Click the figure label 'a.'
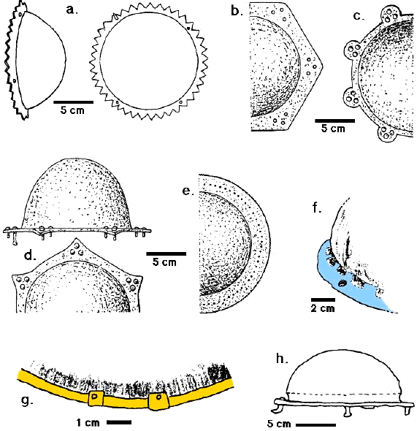(x=72, y=10)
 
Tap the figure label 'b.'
(x=237, y=11)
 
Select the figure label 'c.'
(x=359, y=17)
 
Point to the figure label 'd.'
(x=30, y=256)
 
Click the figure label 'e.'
(x=188, y=191)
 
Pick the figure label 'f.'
(x=317, y=208)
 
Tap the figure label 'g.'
(x=27, y=401)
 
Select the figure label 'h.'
(x=282, y=358)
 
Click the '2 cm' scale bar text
(x=323, y=308)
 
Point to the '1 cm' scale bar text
(x=88, y=422)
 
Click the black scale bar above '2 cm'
(x=323, y=300)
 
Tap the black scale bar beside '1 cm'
(x=119, y=422)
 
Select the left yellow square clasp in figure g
(x=96, y=398)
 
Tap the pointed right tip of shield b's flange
(x=322, y=66)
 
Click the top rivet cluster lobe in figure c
(x=391, y=14)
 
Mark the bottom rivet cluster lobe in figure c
(x=386, y=134)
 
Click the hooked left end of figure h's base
(x=278, y=406)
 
